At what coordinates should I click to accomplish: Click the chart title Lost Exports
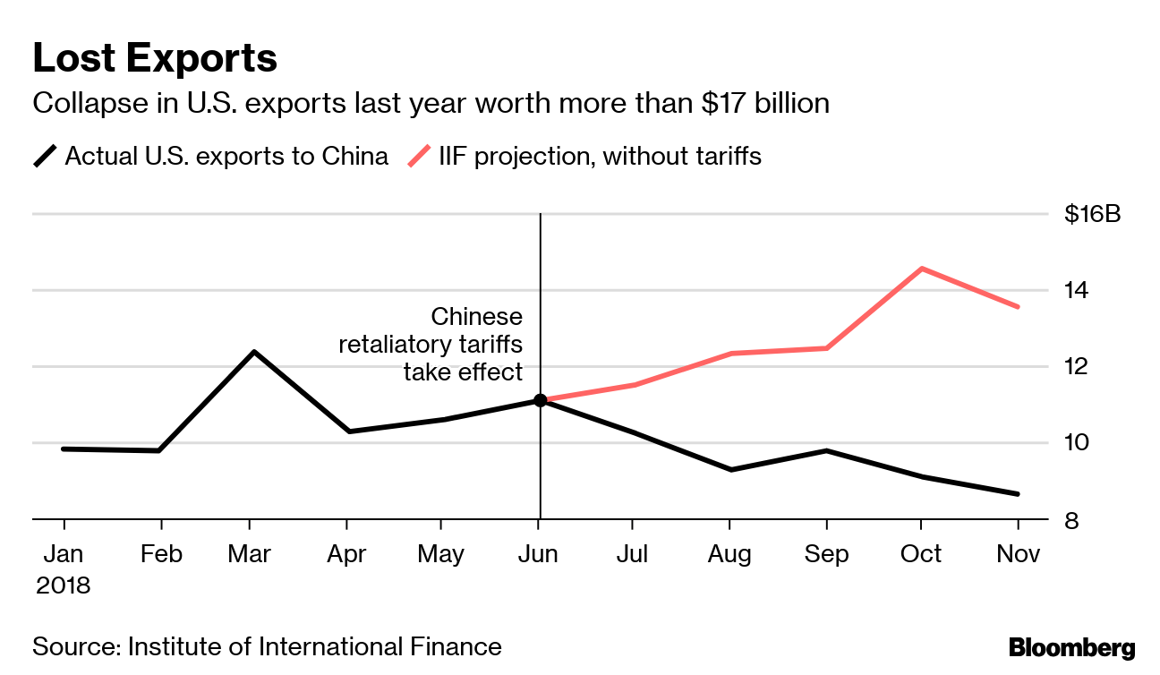click(155, 59)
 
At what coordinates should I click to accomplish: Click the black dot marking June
click(540, 400)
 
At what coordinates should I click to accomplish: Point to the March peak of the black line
click(254, 352)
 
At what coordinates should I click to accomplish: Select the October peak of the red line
click(922, 269)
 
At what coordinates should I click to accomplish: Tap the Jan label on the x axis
click(64, 554)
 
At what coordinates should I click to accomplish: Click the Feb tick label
click(161, 554)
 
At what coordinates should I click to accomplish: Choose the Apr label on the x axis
click(346, 554)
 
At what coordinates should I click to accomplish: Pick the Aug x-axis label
click(729, 554)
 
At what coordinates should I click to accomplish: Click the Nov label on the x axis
click(1019, 554)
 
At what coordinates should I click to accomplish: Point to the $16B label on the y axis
click(1092, 215)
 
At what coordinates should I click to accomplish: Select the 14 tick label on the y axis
click(1076, 291)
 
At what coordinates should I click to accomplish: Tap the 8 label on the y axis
click(1070, 520)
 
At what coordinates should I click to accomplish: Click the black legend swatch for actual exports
click(45, 157)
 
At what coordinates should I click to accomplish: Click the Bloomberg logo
click(1071, 647)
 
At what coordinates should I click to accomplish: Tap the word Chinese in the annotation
click(476, 317)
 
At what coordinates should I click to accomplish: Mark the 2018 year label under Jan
click(64, 585)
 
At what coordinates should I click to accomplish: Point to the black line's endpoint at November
click(1019, 494)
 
